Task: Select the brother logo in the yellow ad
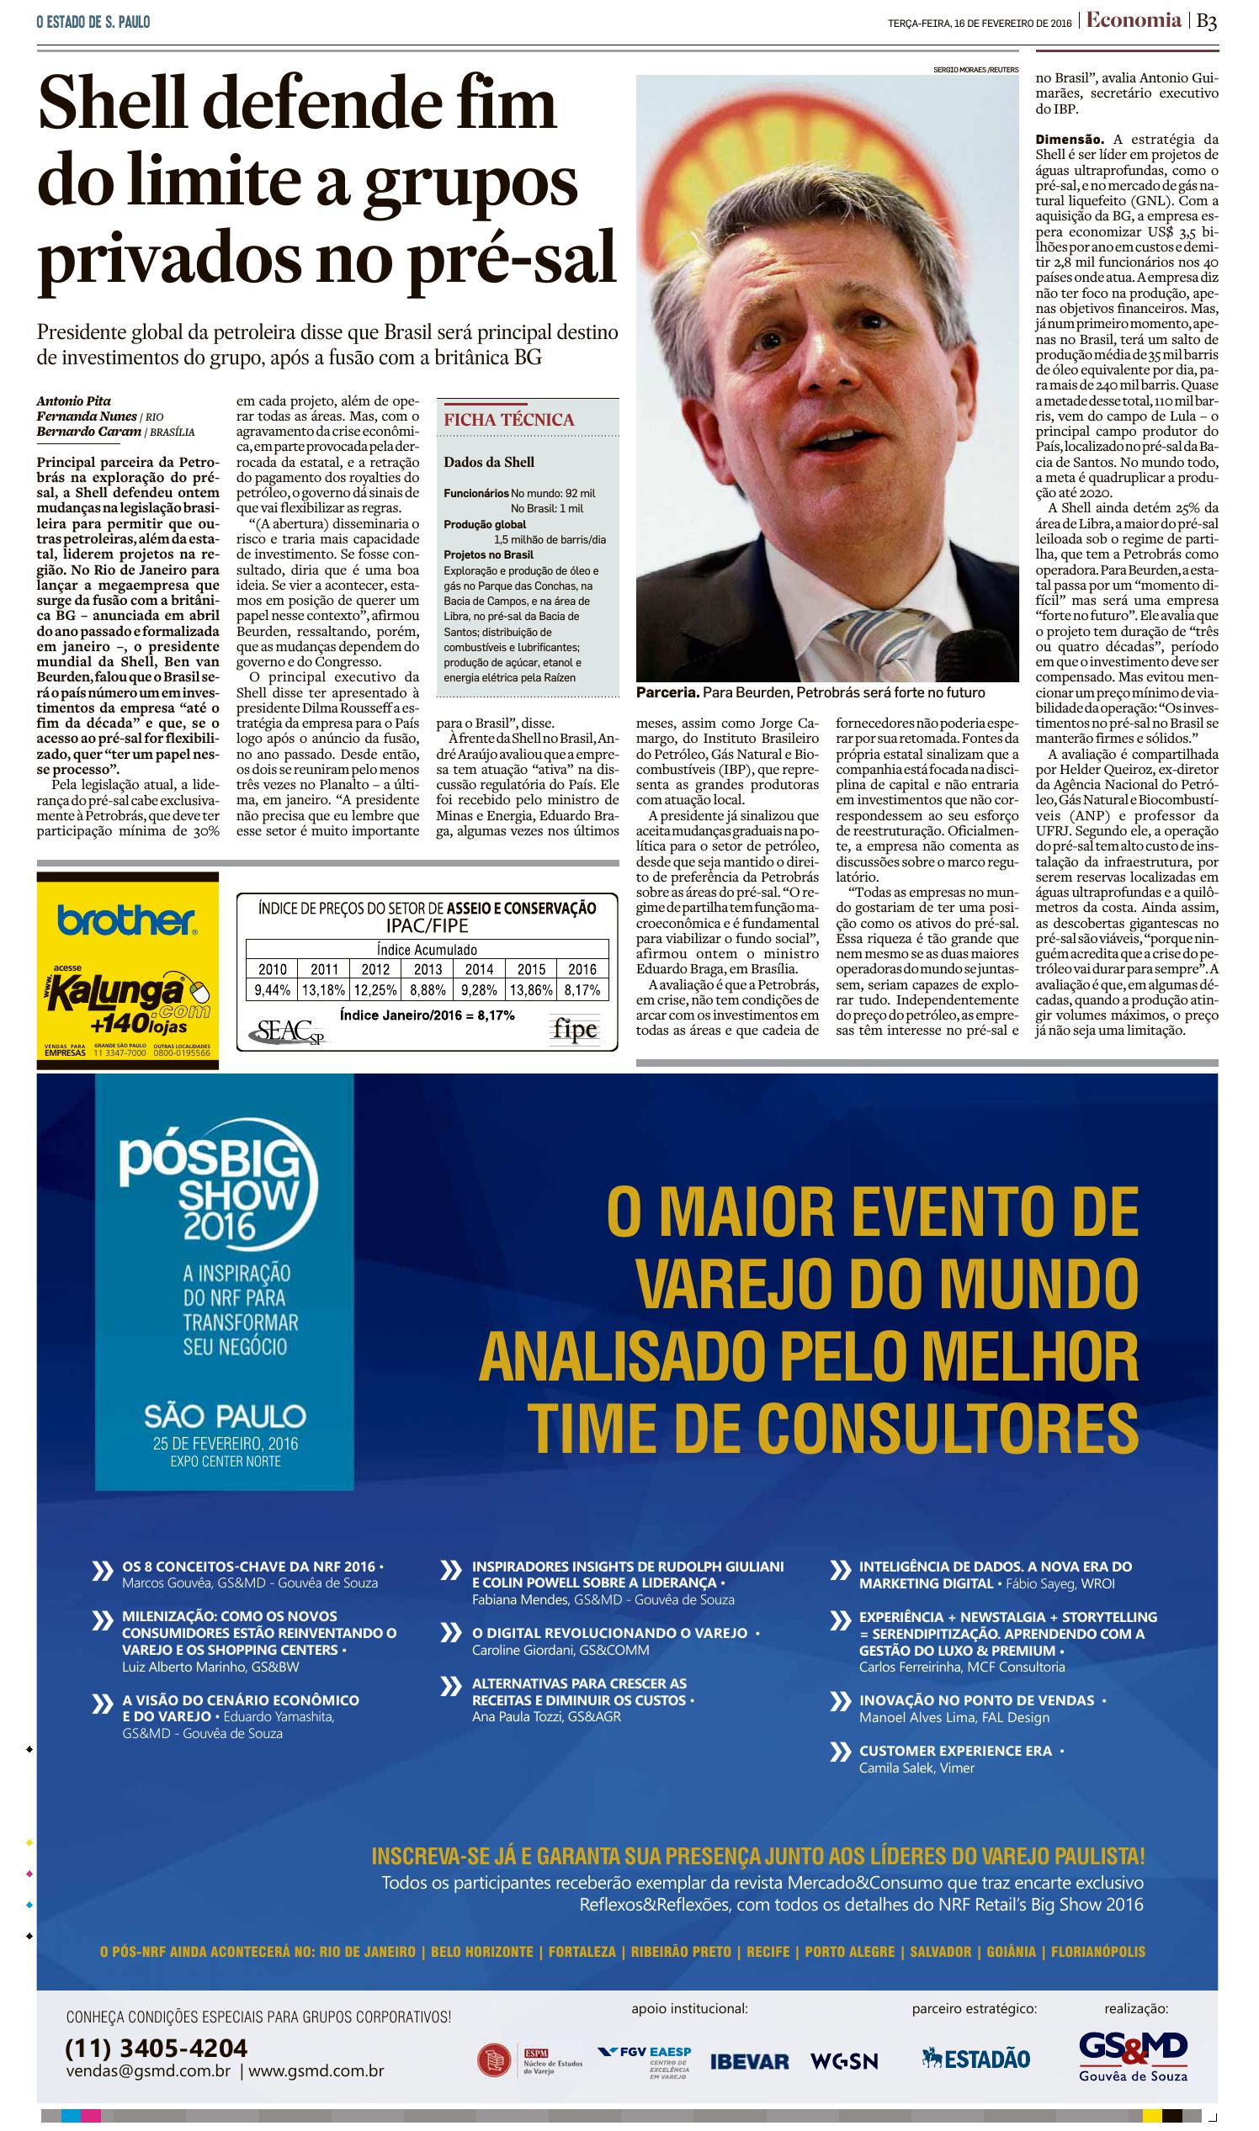(x=126, y=920)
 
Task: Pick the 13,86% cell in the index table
(x=531, y=989)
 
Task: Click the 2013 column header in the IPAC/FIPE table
(x=428, y=969)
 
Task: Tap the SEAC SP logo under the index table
(x=288, y=1031)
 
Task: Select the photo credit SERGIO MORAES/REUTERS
(x=975, y=70)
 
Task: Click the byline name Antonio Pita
(x=74, y=401)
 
